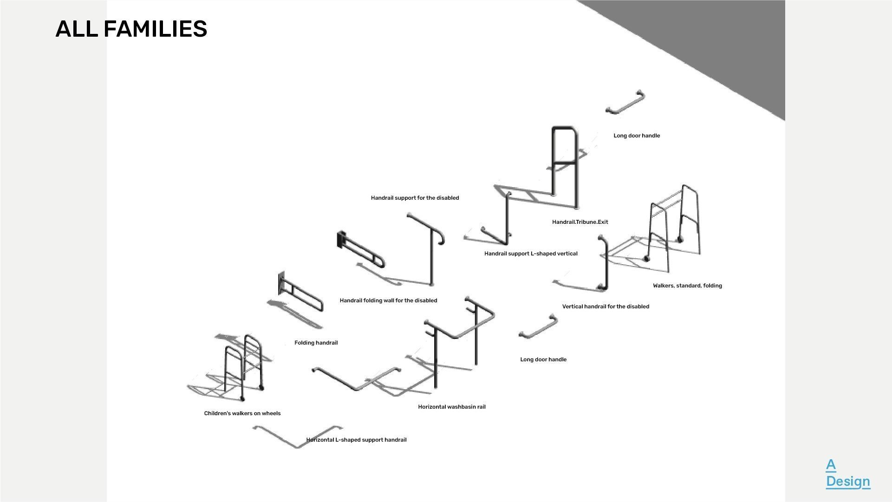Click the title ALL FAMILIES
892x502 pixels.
pyautogui.click(x=131, y=29)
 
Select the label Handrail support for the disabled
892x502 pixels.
pyautogui.click(x=415, y=198)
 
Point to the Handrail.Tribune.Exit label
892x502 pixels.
pyautogui.click(x=580, y=222)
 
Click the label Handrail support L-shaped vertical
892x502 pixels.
pyautogui.click(x=531, y=254)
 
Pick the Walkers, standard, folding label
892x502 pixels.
pyautogui.click(x=687, y=286)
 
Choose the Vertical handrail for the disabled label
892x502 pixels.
pyautogui.click(x=606, y=306)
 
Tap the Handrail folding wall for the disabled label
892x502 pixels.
pyautogui.click(x=388, y=300)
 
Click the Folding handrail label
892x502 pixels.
pyautogui.click(x=316, y=343)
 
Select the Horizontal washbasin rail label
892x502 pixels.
pyautogui.click(x=451, y=407)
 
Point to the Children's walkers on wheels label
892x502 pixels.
pyautogui.click(x=242, y=413)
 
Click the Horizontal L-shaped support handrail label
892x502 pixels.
pyautogui.click(x=356, y=440)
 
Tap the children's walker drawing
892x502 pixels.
pyautogui.click(x=241, y=367)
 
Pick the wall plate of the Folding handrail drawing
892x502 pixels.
pyautogui.click(x=281, y=283)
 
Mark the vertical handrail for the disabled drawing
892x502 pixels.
pyautogui.click(x=604, y=265)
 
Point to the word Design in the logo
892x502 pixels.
pyautogui.click(x=848, y=481)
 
